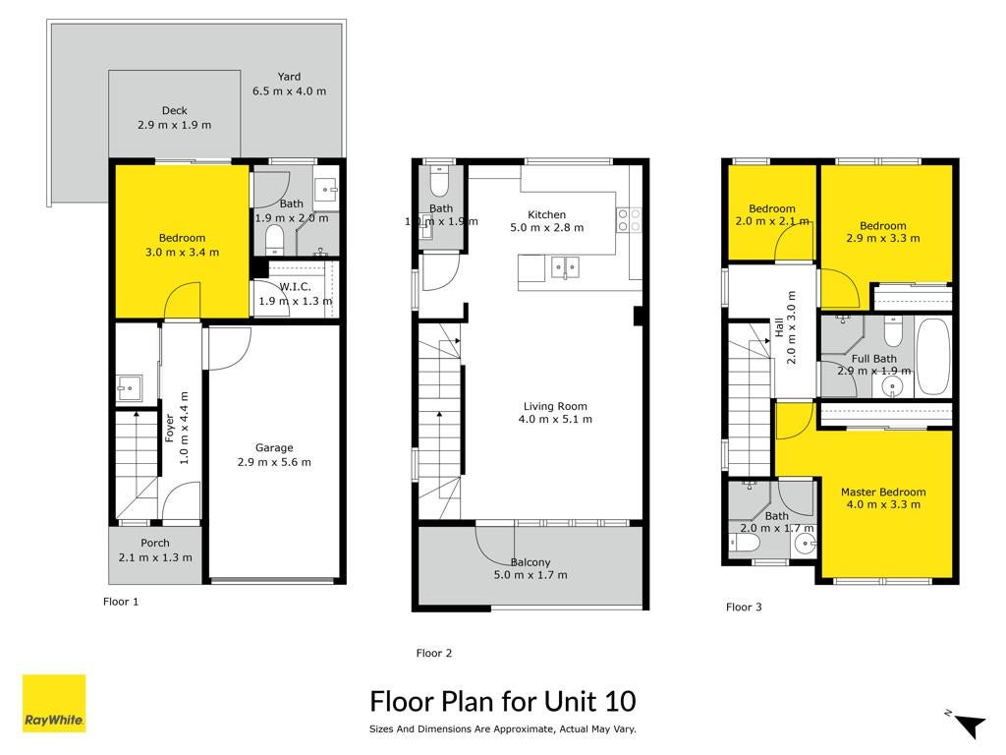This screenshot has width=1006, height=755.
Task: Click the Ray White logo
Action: coord(54,703)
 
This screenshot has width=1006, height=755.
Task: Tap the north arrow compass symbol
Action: coord(968,723)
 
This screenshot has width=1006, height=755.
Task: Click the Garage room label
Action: coord(274,447)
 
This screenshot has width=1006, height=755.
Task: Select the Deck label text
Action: coord(175,110)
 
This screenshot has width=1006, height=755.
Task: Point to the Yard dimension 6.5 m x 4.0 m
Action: coord(290,91)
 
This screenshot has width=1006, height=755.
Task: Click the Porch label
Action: coord(155,543)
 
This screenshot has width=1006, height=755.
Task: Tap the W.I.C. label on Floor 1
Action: coord(295,287)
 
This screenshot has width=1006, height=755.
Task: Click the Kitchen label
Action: coord(546,214)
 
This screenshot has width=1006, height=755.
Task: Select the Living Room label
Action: coord(555,406)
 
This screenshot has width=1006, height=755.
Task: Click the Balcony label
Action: coord(531,562)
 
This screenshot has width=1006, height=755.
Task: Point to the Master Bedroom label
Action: coord(883,492)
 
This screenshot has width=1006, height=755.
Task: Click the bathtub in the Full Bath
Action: coord(933,356)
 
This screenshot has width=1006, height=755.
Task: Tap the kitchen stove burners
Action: coord(629,219)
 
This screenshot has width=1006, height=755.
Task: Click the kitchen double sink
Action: coord(565,267)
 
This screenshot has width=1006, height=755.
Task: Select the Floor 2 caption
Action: coord(433,653)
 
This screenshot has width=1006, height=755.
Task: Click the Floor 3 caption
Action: coord(744,607)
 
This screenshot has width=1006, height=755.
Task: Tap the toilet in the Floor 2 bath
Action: coord(439,182)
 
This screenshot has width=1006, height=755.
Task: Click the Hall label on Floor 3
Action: coord(779,327)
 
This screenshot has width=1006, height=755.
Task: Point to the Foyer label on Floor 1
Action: coord(169,428)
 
